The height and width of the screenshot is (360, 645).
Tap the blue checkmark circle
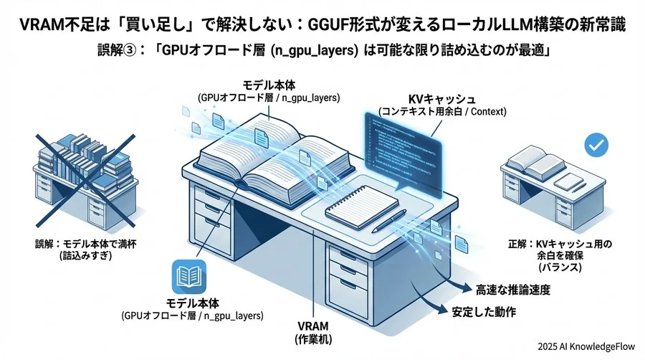(x=595, y=144)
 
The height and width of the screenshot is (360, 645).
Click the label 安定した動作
(x=484, y=313)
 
